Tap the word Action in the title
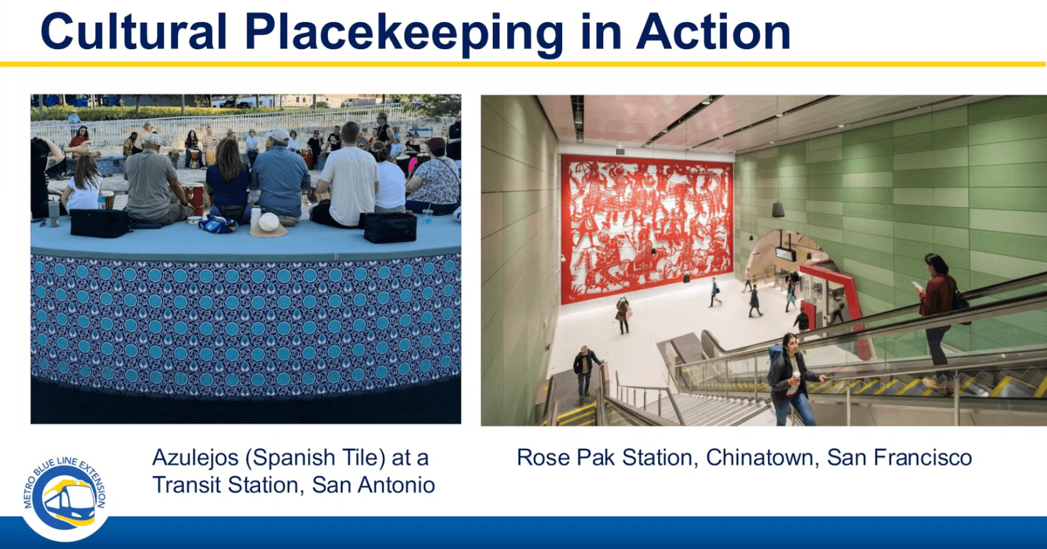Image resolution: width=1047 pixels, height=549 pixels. (x=713, y=32)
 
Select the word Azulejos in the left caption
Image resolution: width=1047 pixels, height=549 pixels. (x=195, y=458)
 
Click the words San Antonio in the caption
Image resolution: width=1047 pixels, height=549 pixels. (x=374, y=485)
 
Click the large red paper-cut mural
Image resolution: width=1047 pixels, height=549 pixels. (x=647, y=228)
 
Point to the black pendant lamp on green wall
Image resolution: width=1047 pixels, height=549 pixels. (x=778, y=210)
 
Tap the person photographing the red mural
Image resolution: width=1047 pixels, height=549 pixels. (x=623, y=315)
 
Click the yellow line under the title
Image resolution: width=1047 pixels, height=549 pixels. (x=523, y=64)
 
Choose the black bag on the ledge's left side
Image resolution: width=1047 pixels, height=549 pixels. (x=100, y=223)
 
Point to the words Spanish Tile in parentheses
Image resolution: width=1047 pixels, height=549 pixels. (x=316, y=458)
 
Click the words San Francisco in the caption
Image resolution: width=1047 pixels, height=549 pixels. (x=899, y=457)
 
